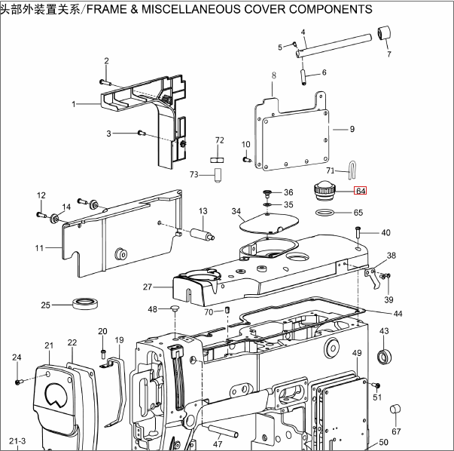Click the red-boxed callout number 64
[360, 192]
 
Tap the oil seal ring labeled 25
[85, 304]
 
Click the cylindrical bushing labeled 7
[385, 35]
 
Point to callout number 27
[148, 287]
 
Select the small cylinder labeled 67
[395, 410]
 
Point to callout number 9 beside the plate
[352, 129]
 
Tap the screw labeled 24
[19, 382]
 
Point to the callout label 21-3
[17, 440]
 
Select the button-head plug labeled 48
[175, 308]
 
